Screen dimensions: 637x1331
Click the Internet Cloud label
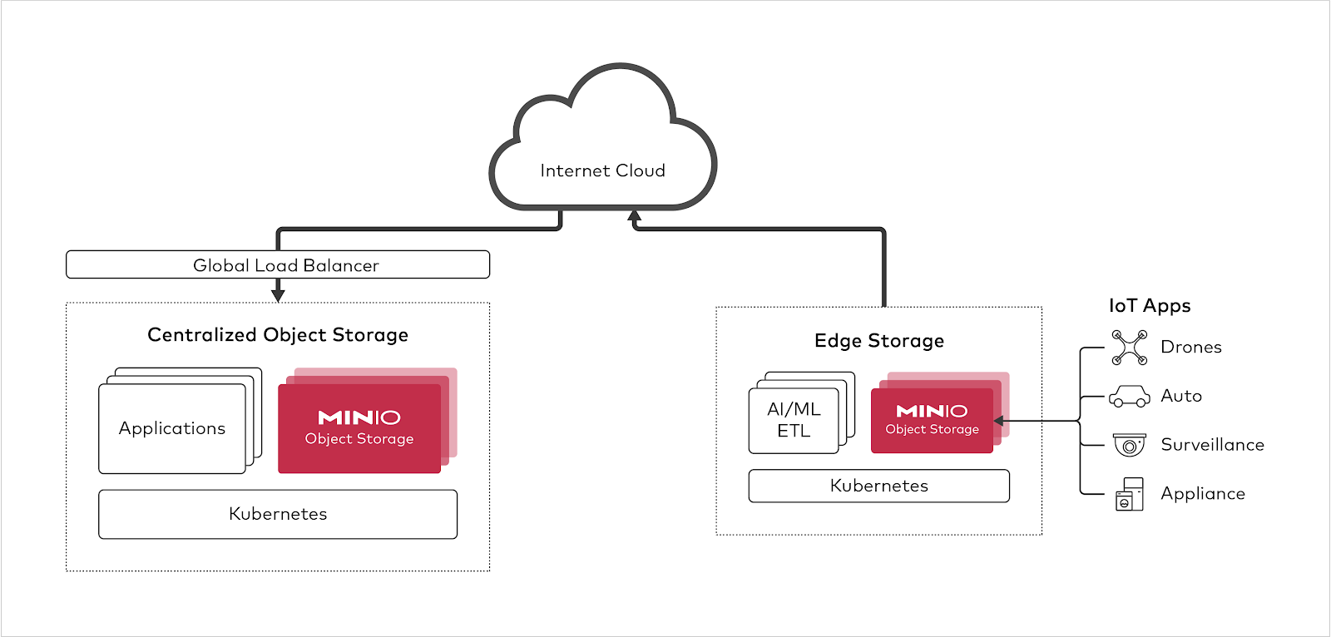pyautogui.click(x=602, y=170)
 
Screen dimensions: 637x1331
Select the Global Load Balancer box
pyautogui.click(x=278, y=265)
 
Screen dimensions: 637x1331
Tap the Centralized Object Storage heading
pyautogui.click(x=278, y=335)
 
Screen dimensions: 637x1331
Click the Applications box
pyautogui.click(x=172, y=428)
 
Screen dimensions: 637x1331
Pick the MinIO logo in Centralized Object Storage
pyautogui.click(x=359, y=417)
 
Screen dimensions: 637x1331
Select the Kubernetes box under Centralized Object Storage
pyautogui.click(x=278, y=514)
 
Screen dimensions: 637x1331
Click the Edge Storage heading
pyautogui.click(x=878, y=341)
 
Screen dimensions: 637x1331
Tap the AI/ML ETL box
pyautogui.click(x=794, y=420)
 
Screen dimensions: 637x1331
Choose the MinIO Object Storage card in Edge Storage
pyautogui.click(x=932, y=421)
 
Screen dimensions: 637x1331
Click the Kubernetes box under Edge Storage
pyautogui.click(x=878, y=486)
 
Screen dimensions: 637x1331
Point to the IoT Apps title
pyautogui.click(x=1149, y=306)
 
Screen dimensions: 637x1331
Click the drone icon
pyautogui.click(x=1129, y=348)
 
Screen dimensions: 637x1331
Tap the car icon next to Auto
pyautogui.click(x=1129, y=397)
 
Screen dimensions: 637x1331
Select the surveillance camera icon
pyautogui.click(x=1129, y=445)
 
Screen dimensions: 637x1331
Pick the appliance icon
pyautogui.click(x=1129, y=494)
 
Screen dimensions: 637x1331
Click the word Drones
pyautogui.click(x=1190, y=348)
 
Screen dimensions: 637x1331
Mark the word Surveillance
pyautogui.click(x=1212, y=445)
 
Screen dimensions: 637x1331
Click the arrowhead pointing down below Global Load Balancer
pyautogui.click(x=278, y=294)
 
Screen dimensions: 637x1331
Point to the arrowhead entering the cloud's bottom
pyautogui.click(x=635, y=215)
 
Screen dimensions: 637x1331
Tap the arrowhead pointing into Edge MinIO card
pyautogui.click(x=999, y=421)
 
